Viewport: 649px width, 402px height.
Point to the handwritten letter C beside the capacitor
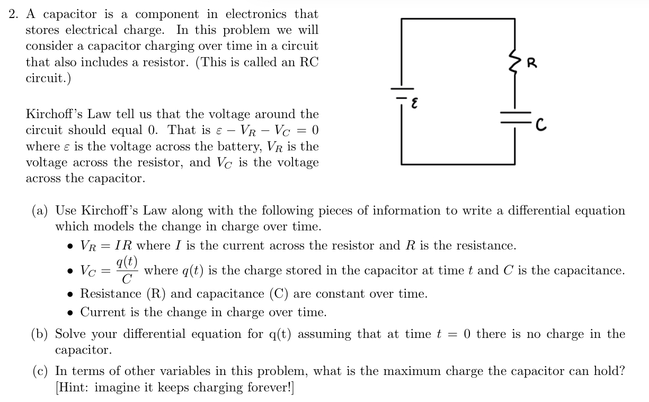[x=540, y=126]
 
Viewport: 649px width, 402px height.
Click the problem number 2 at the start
[x=14, y=14]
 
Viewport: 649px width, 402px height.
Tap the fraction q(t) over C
[x=127, y=270]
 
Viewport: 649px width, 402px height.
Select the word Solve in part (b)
[x=70, y=334]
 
